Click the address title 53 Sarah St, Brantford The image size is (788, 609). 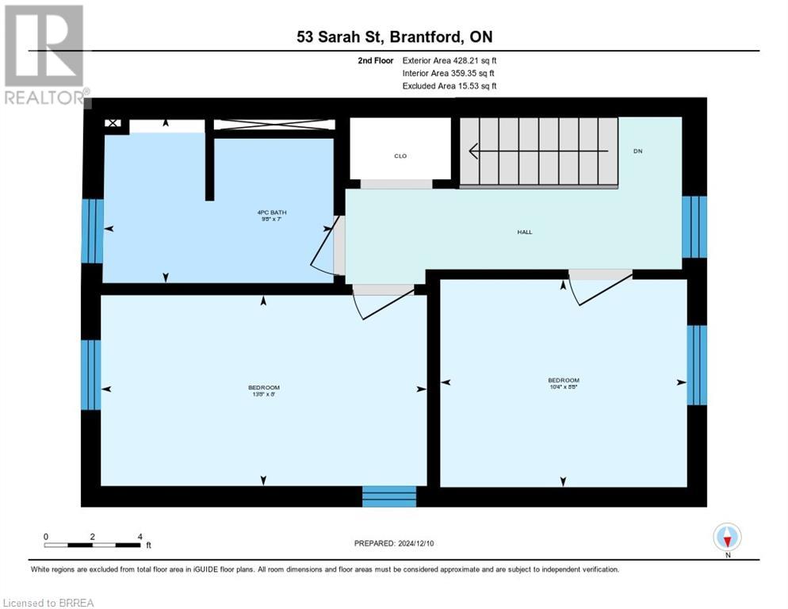coord(393,37)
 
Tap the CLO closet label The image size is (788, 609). coord(400,156)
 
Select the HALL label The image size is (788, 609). coord(524,232)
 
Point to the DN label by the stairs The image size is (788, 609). coord(637,151)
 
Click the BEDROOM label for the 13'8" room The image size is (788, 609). coord(263,390)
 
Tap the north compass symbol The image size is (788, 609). coord(727,537)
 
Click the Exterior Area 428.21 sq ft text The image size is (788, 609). coord(449,59)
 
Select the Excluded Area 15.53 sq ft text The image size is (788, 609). coord(449,86)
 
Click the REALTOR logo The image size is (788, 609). coord(44,55)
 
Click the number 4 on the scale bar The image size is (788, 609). coord(140,536)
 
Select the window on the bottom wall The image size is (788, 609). coord(389,496)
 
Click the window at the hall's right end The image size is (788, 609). coord(694,227)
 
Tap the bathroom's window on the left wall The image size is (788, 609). coord(92,231)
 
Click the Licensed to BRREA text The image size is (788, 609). coord(48,603)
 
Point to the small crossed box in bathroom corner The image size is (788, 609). coord(113,124)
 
